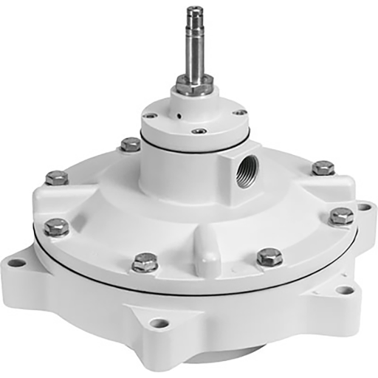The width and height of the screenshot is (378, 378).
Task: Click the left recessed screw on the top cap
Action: tap(150, 115)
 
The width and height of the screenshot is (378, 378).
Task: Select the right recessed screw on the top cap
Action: tap(241, 111)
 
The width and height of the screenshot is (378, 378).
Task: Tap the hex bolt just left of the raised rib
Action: tap(145, 261)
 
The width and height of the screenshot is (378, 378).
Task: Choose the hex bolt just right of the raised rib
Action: tap(269, 256)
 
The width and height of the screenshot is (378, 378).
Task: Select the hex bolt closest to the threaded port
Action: tap(323, 168)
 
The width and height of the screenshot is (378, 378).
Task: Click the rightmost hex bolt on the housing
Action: tap(341, 216)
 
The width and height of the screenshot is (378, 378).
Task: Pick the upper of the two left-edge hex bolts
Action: tap(56, 177)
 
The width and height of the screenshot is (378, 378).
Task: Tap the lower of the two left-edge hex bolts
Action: tap(56, 226)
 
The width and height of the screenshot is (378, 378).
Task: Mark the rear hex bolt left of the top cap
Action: tap(130, 144)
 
